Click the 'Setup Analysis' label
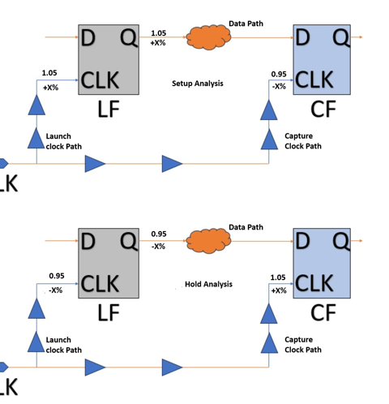(x=198, y=84)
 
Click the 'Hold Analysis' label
(x=208, y=284)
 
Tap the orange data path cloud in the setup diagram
(x=208, y=37)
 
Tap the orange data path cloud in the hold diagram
(x=208, y=241)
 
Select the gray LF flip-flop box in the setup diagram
(x=109, y=59)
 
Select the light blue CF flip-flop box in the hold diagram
(x=322, y=263)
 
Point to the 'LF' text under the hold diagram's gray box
(x=109, y=312)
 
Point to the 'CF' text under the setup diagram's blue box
(x=323, y=109)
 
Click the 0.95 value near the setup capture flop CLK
(x=279, y=74)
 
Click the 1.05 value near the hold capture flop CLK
(x=278, y=277)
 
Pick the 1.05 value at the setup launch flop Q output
(x=158, y=33)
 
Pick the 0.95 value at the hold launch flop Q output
(x=159, y=234)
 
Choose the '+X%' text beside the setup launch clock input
(x=50, y=88)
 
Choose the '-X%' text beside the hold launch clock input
(x=55, y=290)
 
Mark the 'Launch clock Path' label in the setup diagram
(x=63, y=141)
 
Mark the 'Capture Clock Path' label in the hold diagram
(x=303, y=345)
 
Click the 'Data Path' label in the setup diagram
(x=246, y=24)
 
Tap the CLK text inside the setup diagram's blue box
(x=314, y=80)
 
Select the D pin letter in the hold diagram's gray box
(x=88, y=241)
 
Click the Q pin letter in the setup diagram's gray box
(x=128, y=38)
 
